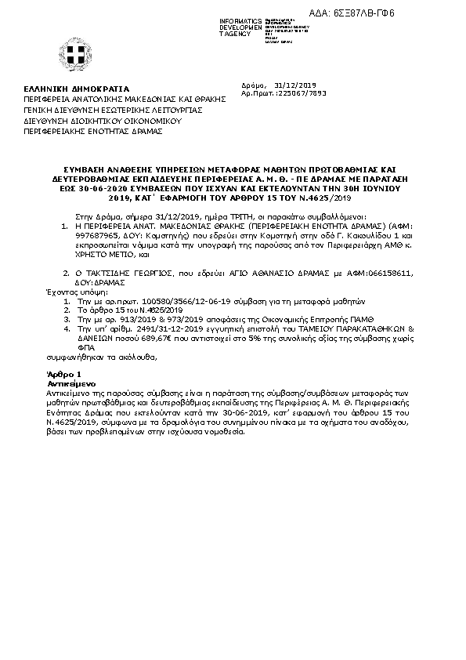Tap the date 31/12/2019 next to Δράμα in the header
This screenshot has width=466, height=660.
click(294, 84)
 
